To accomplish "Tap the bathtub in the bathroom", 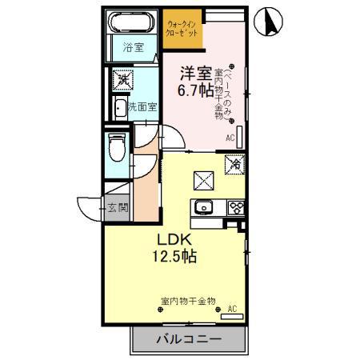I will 132,21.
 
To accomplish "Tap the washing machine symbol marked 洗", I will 123,78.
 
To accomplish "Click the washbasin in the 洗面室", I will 118,108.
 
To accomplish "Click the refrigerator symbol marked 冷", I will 235,164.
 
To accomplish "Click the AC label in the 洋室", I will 230,138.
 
